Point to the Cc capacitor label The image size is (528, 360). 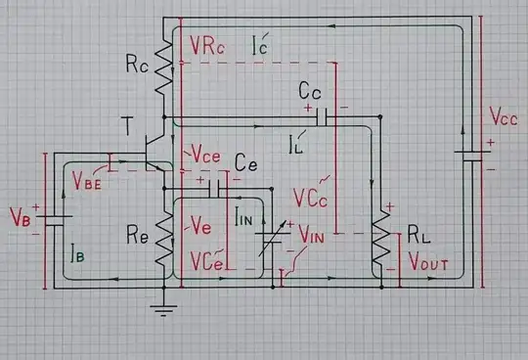pyautogui.click(x=312, y=91)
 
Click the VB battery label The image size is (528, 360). pyautogui.click(x=21, y=214)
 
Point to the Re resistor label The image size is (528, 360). pyautogui.click(x=138, y=236)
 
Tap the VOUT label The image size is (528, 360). pyautogui.click(x=429, y=263)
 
